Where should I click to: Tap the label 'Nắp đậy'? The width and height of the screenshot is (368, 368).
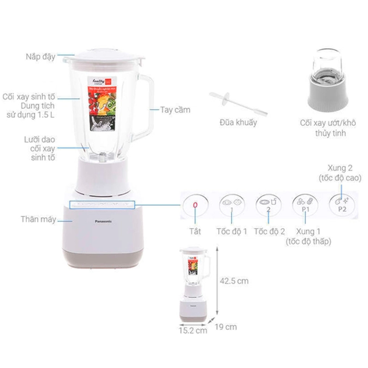40,57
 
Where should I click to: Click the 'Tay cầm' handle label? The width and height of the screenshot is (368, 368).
175,110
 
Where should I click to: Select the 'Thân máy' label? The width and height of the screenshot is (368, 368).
38,220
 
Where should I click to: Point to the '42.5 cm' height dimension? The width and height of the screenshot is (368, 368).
235,281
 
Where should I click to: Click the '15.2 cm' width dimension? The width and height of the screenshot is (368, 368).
193,330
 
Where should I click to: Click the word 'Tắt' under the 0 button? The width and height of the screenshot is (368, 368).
195,232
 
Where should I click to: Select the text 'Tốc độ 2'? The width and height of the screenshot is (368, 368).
269,232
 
